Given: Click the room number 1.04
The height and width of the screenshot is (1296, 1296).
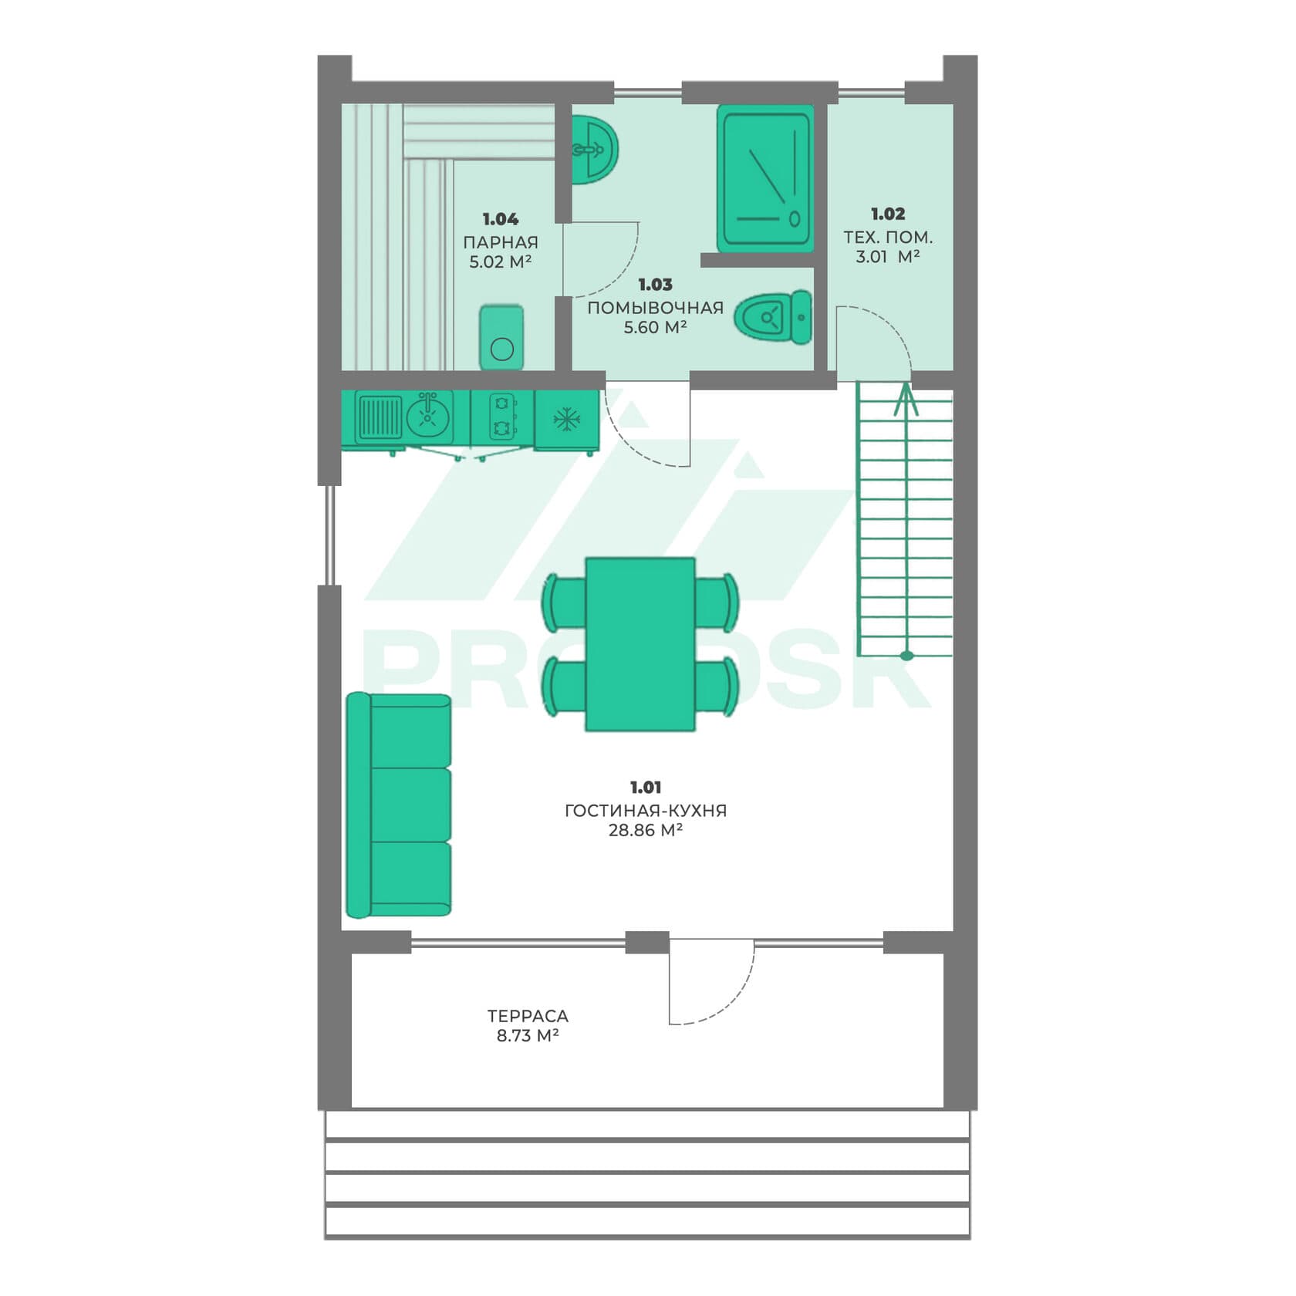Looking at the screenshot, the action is coord(500,219).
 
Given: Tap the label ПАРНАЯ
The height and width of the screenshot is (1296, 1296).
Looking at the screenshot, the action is coord(501,242).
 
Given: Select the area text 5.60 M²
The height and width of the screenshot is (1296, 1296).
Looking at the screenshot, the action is coord(655,327).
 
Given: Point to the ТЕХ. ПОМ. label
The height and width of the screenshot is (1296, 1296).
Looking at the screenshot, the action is coord(888,237).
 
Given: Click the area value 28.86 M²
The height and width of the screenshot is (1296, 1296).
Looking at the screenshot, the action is coord(646,830).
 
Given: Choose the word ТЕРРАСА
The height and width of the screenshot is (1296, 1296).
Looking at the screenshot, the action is coord(528,1016).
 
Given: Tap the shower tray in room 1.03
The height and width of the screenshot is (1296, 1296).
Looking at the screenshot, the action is coord(765,178).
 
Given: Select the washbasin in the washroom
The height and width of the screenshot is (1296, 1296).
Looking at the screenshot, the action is coord(594,150).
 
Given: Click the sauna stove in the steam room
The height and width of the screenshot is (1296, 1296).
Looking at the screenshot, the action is coord(501,338).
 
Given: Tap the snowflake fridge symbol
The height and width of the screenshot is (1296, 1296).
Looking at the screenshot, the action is coord(567,420).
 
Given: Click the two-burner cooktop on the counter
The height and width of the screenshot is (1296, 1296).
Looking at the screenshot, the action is coord(502,417).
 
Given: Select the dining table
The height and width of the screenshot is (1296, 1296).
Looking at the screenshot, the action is coord(640,644).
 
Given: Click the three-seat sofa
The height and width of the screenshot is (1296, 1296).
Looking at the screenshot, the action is coord(398,805).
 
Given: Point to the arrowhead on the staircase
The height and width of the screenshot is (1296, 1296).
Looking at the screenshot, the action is coord(906,400).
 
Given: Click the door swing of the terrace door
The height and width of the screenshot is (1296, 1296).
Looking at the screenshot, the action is coord(730,1000).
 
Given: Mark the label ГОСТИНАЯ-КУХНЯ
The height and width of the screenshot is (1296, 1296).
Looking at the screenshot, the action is coord(646,810).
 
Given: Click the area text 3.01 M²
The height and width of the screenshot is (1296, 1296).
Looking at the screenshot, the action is coord(887,256).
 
